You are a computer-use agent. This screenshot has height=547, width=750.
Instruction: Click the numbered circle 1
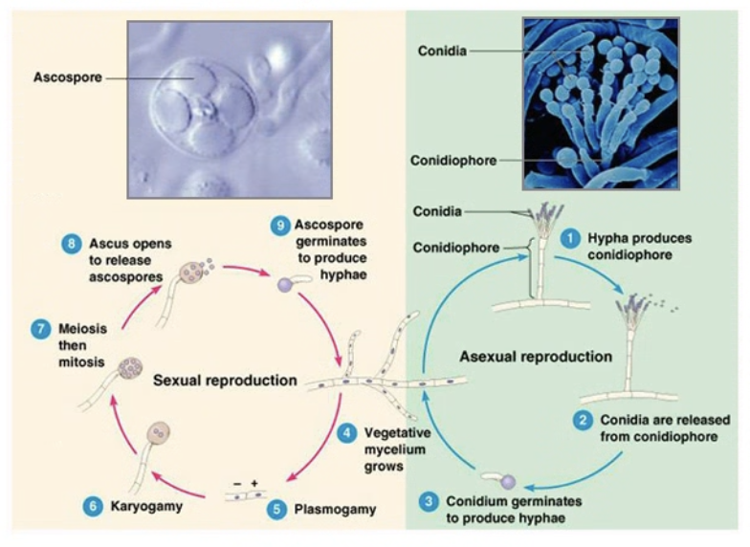coord(570,238)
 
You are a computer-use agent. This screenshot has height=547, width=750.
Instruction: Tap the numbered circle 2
coord(583,421)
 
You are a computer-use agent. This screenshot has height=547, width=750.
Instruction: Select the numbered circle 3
coord(429,501)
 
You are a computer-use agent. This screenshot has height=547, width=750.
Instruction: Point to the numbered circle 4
coord(346,433)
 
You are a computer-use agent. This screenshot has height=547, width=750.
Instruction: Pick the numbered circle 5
coord(276,510)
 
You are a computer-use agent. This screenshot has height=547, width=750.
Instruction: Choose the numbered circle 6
coord(93,507)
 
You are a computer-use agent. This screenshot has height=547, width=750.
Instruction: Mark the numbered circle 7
coord(40,329)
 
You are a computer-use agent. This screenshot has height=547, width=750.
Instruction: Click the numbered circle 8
coord(71,244)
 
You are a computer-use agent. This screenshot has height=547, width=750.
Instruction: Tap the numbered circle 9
coord(280,226)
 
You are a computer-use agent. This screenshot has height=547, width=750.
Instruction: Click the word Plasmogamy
coord(335,510)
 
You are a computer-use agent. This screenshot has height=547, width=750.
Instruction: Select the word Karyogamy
coord(146,507)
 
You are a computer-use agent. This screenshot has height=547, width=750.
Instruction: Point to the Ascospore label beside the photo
coord(67,77)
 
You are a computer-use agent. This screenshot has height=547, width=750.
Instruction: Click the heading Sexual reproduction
coord(225,381)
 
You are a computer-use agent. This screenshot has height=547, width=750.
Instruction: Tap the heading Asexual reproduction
coord(536,357)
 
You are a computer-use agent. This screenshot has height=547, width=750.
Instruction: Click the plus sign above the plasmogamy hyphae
coord(254,484)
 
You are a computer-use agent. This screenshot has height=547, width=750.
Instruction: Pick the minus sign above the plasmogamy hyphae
coord(237,484)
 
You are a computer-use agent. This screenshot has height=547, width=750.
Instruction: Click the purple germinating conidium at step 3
coord(508,482)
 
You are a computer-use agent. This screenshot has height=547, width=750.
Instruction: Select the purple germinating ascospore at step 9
coord(285,285)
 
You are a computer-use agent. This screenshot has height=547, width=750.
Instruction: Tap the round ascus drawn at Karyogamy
coord(159,433)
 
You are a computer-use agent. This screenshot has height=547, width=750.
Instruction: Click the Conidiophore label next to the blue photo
coord(453,161)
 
